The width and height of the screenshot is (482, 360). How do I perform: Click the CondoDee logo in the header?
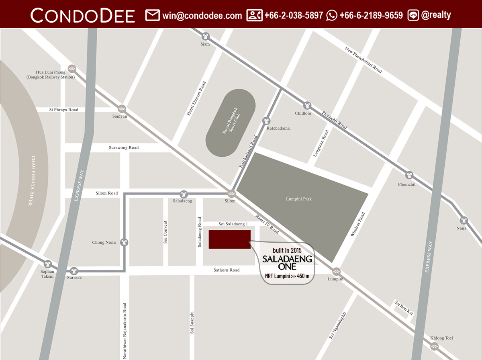[x=83, y=15]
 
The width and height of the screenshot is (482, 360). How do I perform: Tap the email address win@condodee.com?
[x=202, y=16]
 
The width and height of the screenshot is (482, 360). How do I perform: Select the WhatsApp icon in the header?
[x=332, y=16]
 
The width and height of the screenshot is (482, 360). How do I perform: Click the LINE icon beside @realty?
[x=413, y=16]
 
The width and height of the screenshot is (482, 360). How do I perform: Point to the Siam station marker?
[x=206, y=36]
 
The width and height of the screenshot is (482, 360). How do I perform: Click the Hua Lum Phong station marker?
[x=72, y=68]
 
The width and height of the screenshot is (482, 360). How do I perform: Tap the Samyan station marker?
[x=122, y=108]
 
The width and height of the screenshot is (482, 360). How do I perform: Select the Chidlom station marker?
[x=307, y=105]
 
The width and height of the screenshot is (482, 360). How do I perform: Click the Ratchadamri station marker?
[x=266, y=121]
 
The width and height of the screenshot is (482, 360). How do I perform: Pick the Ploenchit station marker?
[x=409, y=175]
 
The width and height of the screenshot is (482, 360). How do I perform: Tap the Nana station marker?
[x=464, y=220]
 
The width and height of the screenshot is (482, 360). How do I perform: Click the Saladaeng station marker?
[x=184, y=194]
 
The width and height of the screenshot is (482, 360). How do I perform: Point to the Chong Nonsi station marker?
[x=124, y=242]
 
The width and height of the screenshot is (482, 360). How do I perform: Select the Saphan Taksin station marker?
[x=48, y=264]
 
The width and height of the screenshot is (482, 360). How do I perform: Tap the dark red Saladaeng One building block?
[x=229, y=239]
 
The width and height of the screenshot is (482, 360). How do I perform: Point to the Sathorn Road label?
[x=227, y=270]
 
